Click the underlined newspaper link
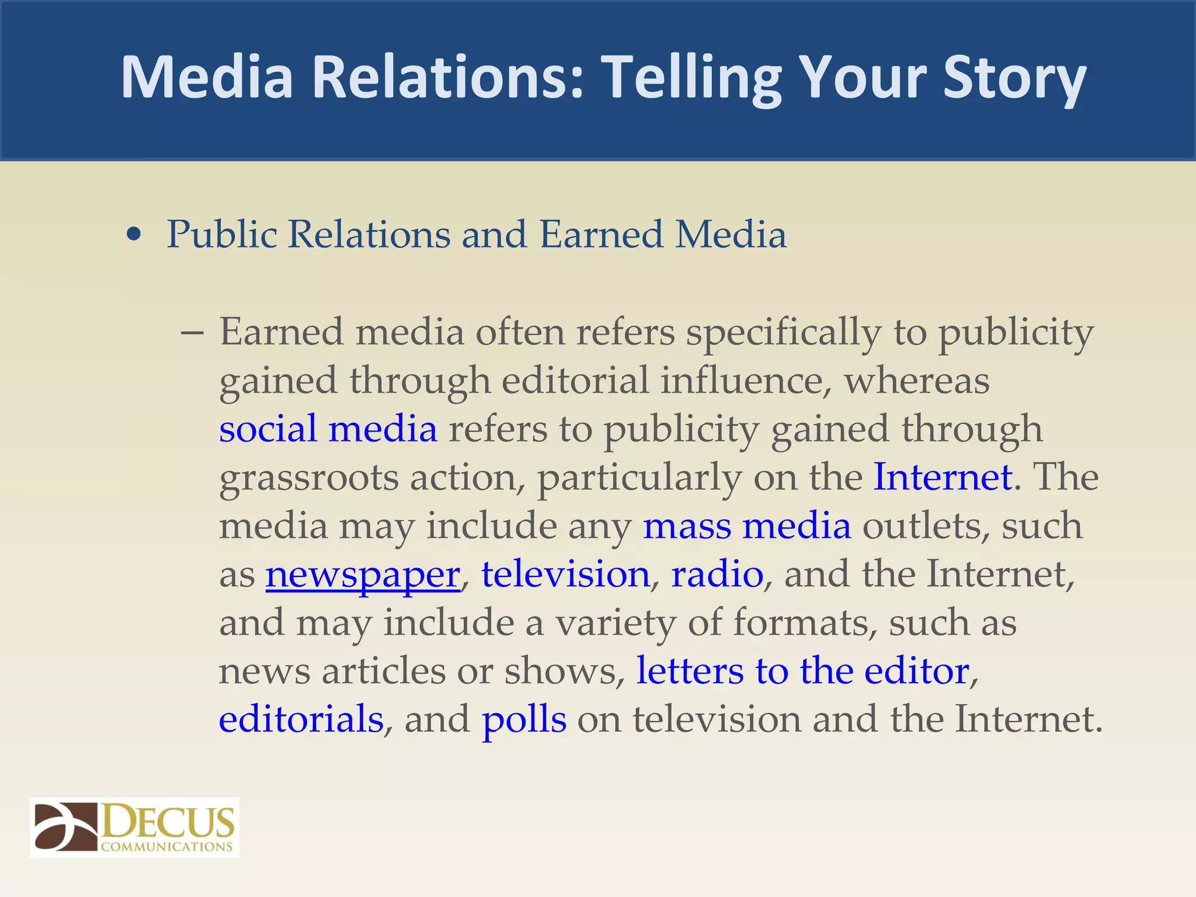coord(363,575)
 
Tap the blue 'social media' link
coord(328,429)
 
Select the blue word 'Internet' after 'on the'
coord(942,477)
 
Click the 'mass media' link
coord(746,526)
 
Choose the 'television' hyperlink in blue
coord(565,574)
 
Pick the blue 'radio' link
coord(717,574)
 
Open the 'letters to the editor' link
coord(802,670)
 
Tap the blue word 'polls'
coord(524,719)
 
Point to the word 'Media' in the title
coord(207,77)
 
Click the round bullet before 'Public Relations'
coord(134,235)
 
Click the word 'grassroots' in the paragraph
coord(308,478)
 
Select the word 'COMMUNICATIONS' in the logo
coord(166,846)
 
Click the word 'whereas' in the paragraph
coord(916,380)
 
